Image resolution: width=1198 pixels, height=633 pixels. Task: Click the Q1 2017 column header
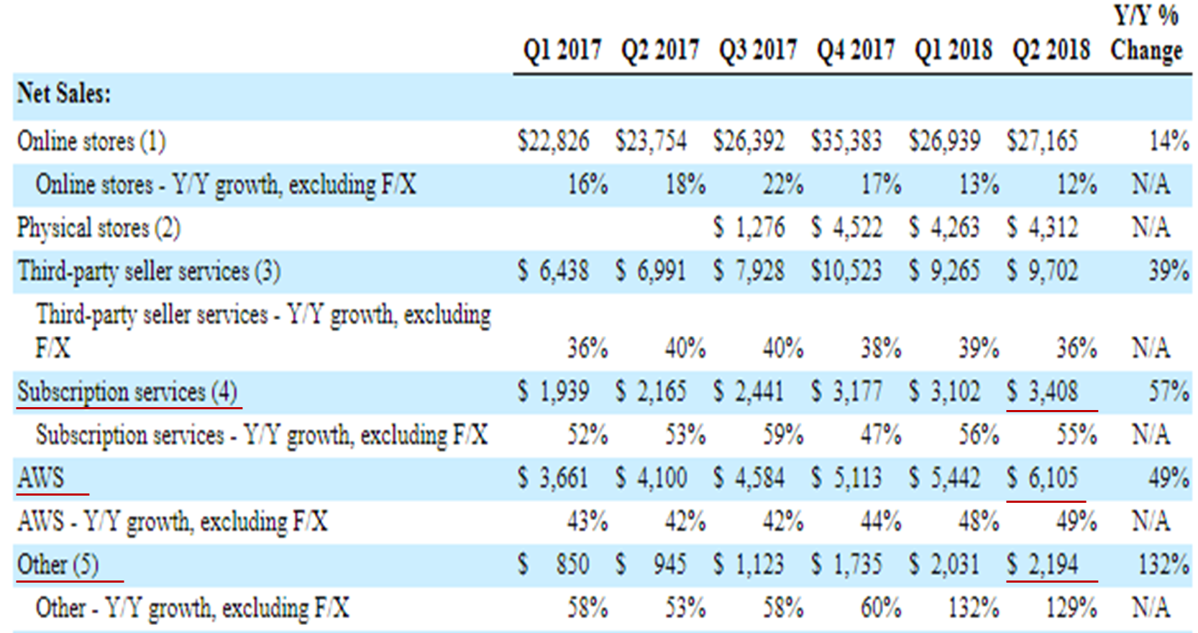[x=562, y=50]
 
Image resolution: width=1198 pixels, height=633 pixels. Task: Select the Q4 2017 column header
[x=856, y=50]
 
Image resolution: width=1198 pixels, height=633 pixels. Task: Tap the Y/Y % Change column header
[x=1146, y=35]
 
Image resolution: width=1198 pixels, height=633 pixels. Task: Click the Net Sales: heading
[x=64, y=94]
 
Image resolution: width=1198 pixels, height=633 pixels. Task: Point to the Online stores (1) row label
[x=91, y=141]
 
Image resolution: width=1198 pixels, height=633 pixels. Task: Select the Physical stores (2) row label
[x=99, y=228]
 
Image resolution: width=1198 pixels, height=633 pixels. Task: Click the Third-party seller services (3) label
[x=149, y=271]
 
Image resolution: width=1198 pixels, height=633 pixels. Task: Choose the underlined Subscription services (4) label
[x=127, y=392]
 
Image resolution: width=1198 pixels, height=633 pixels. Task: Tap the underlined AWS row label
[x=41, y=478]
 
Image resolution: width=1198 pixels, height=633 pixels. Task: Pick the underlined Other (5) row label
[x=58, y=565]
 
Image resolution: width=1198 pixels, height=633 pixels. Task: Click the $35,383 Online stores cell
[x=846, y=141]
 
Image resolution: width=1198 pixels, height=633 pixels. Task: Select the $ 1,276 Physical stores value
[x=749, y=228]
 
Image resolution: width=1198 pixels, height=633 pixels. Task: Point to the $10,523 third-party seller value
[x=846, y=271]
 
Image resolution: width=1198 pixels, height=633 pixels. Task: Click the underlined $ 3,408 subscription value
[x=1043, y=392]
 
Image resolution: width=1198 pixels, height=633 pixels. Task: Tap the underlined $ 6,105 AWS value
[x=1043, y=478]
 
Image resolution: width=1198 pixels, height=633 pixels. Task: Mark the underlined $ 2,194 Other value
[x=1043, y=565]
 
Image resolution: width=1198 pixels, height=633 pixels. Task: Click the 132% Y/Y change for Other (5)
[x=1163, y=565]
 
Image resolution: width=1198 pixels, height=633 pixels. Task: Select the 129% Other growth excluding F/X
[x=1071, y=609]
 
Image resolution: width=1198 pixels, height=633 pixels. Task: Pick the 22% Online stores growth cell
[x=782, y=185]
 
